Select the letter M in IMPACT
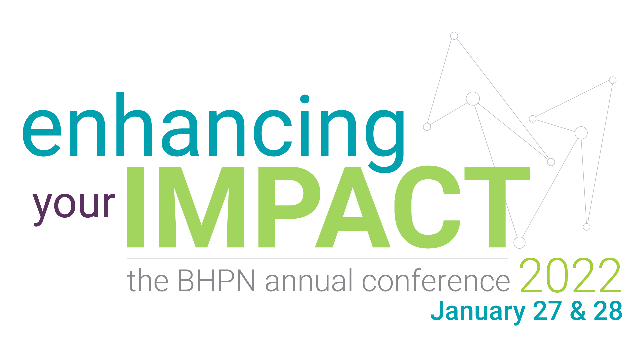point(202,207)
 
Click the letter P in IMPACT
point(289,207)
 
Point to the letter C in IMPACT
point(427,207)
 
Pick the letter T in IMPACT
point(497,207)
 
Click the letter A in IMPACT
point(353,207)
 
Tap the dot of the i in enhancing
point(305,99)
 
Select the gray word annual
point(309,280)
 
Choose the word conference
point(436,280)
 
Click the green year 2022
point(570,275)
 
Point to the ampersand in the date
point(578,311)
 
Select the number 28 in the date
point(608,311)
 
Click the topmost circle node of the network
point(454,36)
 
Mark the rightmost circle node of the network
point(613,80)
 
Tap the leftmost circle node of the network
point(427,127)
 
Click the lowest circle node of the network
point(519,243)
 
